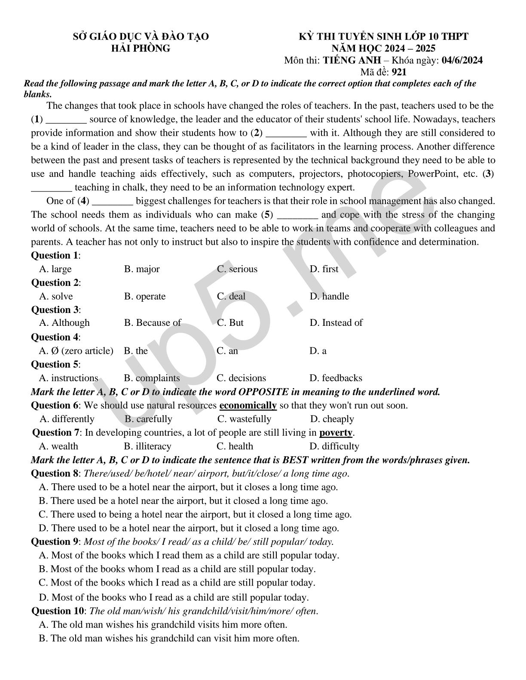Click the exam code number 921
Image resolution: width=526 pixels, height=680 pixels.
pyautogui.click(x=399, y=72)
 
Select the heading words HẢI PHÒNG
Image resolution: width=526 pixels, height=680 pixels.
pyautogui.click(x=141, y=48)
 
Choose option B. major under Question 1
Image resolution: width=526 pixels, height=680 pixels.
pyautogui.click(x=142, y=269)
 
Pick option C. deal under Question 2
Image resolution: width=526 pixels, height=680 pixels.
pyautogui.click(x=231, y=296)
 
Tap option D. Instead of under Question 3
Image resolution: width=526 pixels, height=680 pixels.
pyautogui.click(x=336, y=323)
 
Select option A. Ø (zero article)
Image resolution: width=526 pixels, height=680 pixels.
pyautogui.click(x=76, y=351)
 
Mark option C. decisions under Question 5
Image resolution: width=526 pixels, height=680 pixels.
pyautogui.click(x=241, y=378)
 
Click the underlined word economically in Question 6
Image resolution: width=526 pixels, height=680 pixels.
pyautogui.click(x=248, y=405)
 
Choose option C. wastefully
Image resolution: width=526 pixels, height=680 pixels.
pyautogui.click(x=244, y=419)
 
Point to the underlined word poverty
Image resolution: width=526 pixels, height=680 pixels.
pyautogui.click(x=336, y=432)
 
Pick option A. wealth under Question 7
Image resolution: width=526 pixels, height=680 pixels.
pyautogui.click(x=58, y=446)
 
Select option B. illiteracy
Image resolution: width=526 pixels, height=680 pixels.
pyautogui.click(x=147, y=446)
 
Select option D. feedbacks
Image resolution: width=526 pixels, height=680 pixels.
pyautogui.click(x=336, y=378)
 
